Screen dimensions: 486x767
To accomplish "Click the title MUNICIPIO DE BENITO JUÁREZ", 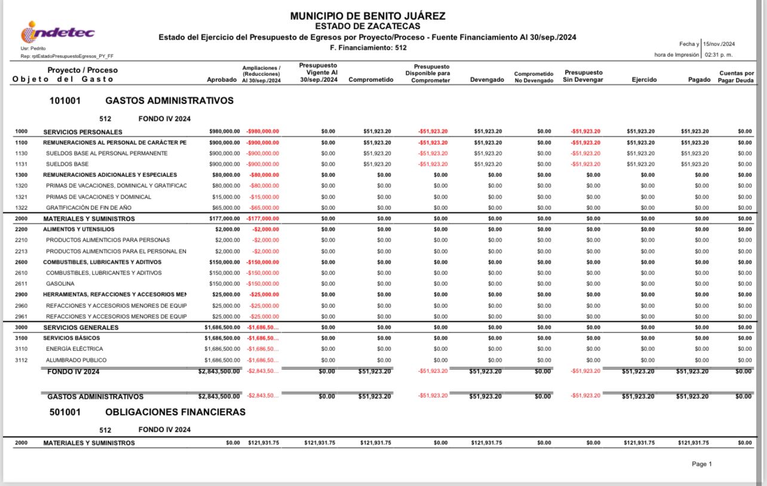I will [367, 16].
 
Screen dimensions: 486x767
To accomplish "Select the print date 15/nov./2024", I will [719, 44].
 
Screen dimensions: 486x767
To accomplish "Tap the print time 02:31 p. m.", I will [720, 55].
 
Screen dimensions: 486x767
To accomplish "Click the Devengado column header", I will [487, 80].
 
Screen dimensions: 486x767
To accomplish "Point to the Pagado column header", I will [699, 80].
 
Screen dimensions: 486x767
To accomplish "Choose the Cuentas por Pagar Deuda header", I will [736, 77].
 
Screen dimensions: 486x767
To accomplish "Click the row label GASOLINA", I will [60, 284].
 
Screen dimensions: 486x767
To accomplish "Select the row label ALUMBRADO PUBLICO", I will [76, 360].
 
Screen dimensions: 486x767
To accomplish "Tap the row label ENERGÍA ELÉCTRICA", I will [74, 349].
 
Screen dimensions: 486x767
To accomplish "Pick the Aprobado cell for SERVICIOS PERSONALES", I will [225, 132].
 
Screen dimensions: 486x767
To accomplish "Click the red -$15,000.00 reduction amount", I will [263, 197].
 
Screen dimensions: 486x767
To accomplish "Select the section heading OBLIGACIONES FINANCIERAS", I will [175, 412].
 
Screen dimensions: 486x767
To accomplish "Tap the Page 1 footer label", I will [701, 464].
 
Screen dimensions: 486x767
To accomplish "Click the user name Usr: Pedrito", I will [33, 48].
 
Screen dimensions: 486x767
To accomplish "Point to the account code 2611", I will [21, 284].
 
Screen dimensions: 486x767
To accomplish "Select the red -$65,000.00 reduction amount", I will [263, 208].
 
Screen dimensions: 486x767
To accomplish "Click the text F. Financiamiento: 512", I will [368, 48].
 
